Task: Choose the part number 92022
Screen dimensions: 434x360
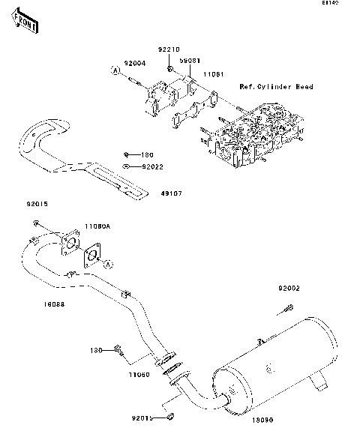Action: [152, 166]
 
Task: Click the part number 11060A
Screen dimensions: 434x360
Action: [97, 225]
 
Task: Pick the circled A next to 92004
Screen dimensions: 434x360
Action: [116, 70]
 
